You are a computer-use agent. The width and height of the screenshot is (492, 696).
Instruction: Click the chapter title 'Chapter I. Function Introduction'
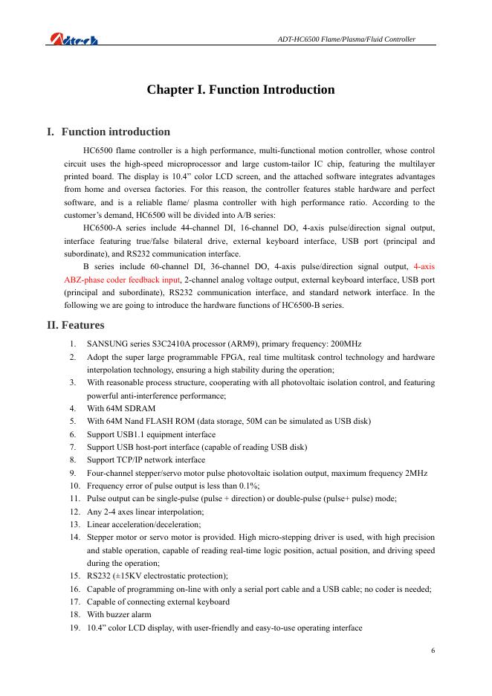tap(241, 90)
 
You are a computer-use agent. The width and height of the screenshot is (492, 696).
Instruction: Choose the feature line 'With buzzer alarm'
tap(119, 614)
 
